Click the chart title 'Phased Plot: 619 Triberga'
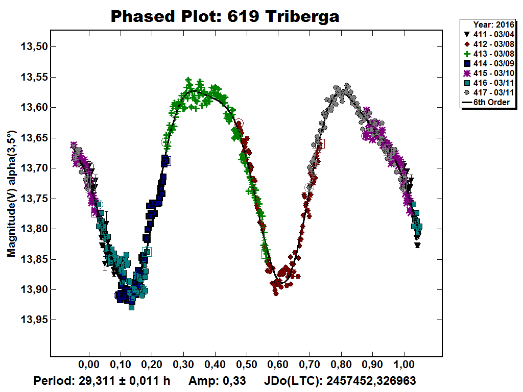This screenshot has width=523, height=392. tap(225, 17)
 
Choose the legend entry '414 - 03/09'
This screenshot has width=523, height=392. tap(488, 63)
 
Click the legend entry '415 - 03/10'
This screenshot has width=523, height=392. tap(488, 73)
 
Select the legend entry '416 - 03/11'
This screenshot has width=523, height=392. tap(488, 83)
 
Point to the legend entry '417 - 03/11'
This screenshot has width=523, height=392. tap(488, 93)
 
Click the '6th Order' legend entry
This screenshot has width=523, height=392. tap(488, 103)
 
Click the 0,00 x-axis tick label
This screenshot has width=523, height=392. tap(89, 365)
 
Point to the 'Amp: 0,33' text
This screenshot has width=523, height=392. tap(217, 381)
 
